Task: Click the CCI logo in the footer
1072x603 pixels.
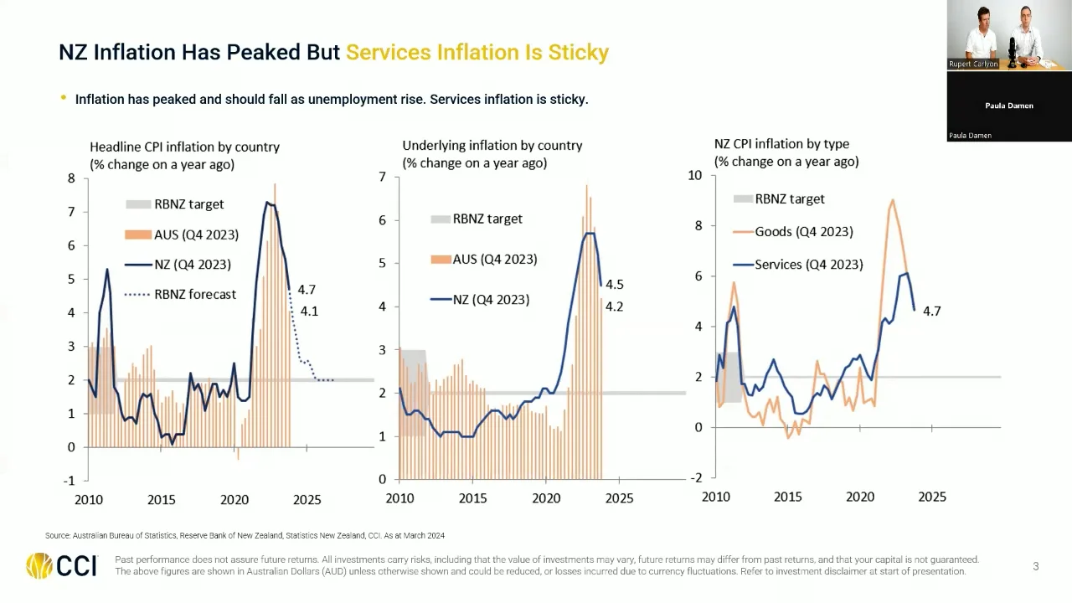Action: [61, 566]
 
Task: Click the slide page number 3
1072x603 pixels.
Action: [1035, 567]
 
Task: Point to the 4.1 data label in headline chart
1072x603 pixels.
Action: [309, 312]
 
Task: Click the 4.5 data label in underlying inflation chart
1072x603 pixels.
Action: [614, 285]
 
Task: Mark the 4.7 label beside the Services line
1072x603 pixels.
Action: [931, 311]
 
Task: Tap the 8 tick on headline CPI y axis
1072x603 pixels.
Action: [72, 178]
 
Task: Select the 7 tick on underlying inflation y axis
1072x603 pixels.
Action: [382, 177]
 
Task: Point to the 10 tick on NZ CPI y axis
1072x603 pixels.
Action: [694, 175]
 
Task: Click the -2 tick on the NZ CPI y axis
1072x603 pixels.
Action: [695, 477]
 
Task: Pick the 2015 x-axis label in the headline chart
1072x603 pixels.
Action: [162, 500]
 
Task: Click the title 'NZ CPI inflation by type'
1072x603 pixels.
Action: [781, 144]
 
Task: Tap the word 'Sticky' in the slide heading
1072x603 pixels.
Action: [578, 52]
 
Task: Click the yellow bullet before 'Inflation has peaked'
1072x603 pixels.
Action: [64, 98]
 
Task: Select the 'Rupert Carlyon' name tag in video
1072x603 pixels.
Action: [972, 64]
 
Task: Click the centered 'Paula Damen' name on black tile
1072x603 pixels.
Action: [1009, 106]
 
